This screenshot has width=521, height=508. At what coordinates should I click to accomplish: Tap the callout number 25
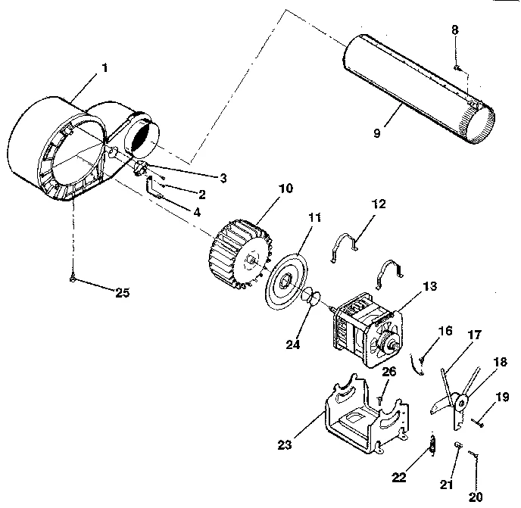[121, 292]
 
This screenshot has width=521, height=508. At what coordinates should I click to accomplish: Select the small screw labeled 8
[458, 68]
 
